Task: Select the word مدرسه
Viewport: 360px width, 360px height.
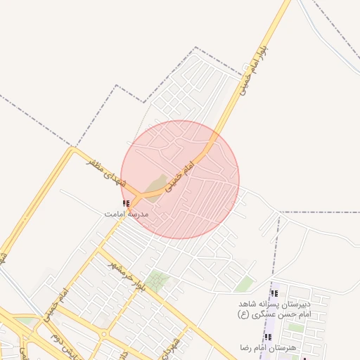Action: pyautogui.click(x=137, y=212)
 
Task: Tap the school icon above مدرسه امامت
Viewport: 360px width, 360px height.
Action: pyautogui.click(x=126, y=204)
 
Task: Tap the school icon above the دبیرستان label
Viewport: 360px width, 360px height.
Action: pyautogui.click(x=274, y=292)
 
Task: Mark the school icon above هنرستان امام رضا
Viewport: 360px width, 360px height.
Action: pyautogui.click(x=267, y=337)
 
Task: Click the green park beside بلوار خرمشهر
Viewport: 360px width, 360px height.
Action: pyautogui.click(x=158, y=281)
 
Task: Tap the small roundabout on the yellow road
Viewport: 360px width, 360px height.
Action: pyautogui.click(x=103, y=333)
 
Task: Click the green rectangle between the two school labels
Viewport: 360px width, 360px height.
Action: pyautogui.click(x=296, y=327)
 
